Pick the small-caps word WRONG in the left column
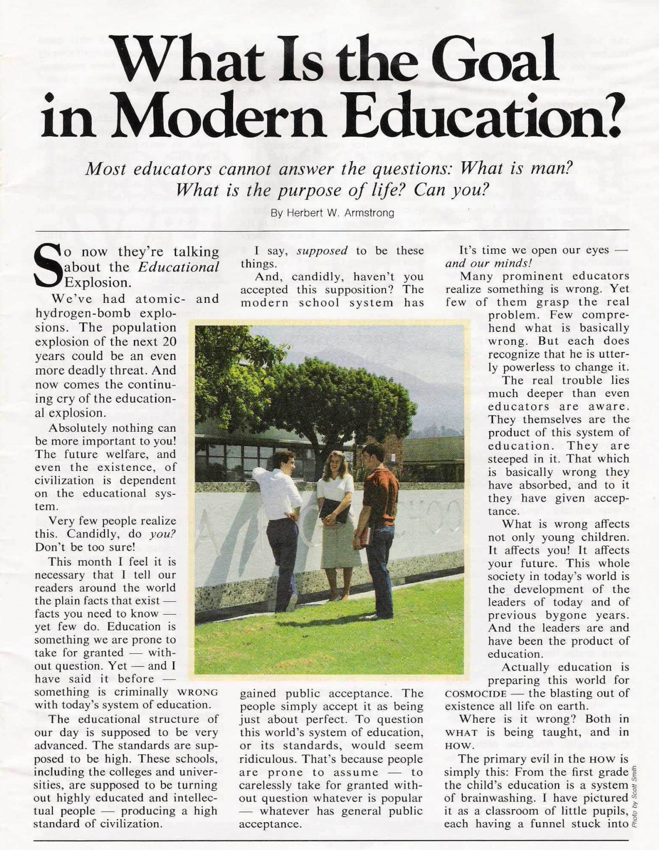(x=197, y=692)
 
